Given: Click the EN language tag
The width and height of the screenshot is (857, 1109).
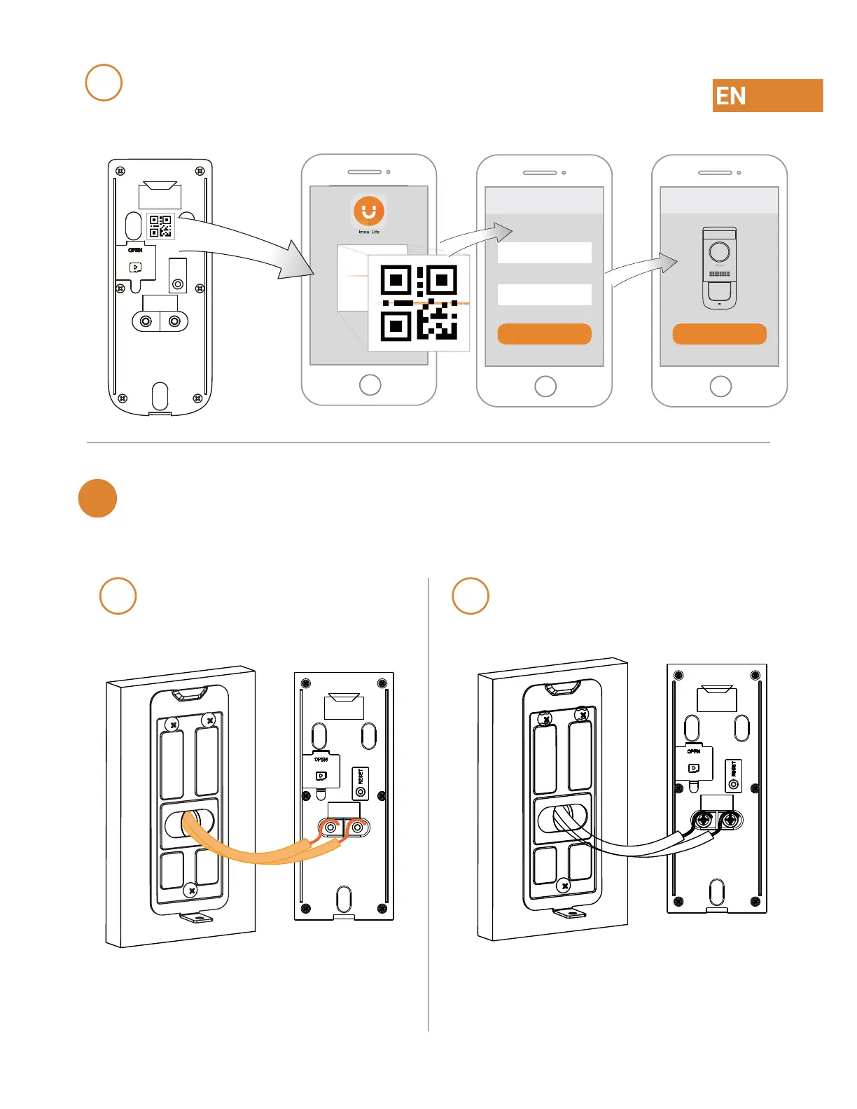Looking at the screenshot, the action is pyautogui.click(x=767, y=95).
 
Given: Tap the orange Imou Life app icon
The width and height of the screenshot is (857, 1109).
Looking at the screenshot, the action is pyautogui.click(x=369, y=211).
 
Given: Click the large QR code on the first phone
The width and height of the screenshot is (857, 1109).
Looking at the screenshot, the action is pyautogui.click(x=419, y=302).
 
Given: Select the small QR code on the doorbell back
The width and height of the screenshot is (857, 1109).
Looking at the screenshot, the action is pyautogui.click(x=160, y=226).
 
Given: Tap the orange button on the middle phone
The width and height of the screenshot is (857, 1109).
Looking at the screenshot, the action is pyautogui.click(x=544, y=334).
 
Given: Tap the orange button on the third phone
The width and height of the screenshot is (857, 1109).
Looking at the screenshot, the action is pyautogui.click(x=719, y=334).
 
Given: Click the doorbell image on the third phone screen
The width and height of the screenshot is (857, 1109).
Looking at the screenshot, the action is pyautogui.click(x=719, y=267).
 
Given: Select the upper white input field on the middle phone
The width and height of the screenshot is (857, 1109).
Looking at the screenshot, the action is pyautogui.click(x=544, y=253).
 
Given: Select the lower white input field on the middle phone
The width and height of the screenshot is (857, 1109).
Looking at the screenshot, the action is pyautogui.click(x=544, y=295).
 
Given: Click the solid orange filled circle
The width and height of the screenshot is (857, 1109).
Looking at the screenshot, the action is pyautogui.click(x=97, y=498).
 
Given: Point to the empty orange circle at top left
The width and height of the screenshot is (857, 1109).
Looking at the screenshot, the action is pyautogui.click(x=104, y=83).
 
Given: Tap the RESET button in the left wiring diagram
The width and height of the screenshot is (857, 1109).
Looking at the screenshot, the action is pyautogui.click(x=361, y=784).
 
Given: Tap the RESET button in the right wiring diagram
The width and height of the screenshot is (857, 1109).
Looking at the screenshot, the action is pyautogui.click(x=733, y=776).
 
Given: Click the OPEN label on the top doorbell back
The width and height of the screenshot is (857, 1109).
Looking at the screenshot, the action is pyautogui.click(x=135, y=250).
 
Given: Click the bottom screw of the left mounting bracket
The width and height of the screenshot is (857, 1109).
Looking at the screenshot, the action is pyautogui.click(x=191, y=891).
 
